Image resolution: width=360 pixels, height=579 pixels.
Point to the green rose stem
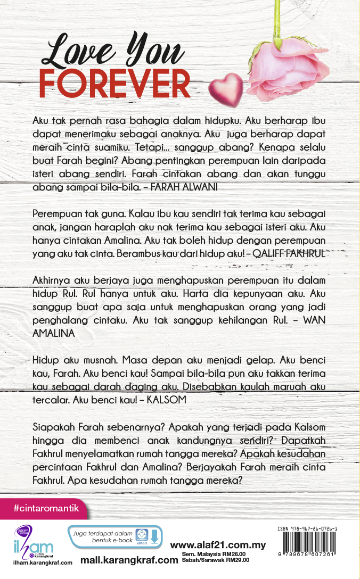[x=277, y=21]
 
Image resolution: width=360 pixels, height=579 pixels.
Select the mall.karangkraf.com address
[x=129, y=560]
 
